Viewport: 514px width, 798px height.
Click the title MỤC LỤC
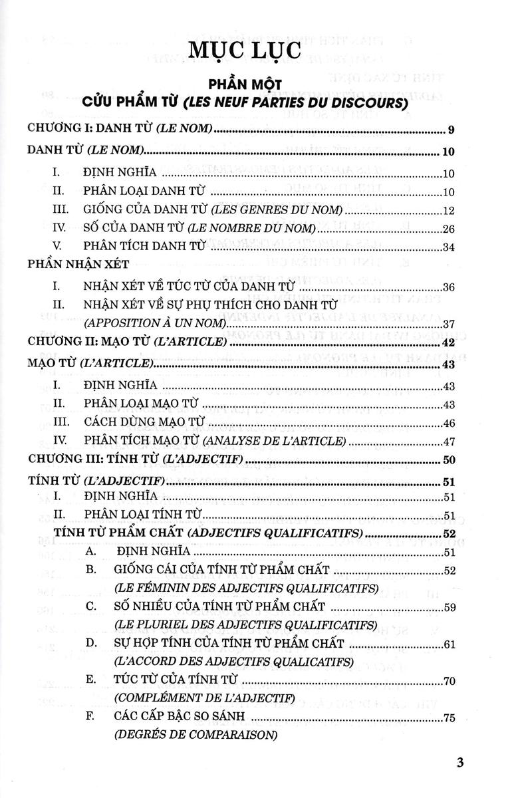[x=256, y=51]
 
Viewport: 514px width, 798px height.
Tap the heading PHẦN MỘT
[x=256, y=86]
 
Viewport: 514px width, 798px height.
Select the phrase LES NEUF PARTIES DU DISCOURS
[x=309, y=104]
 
